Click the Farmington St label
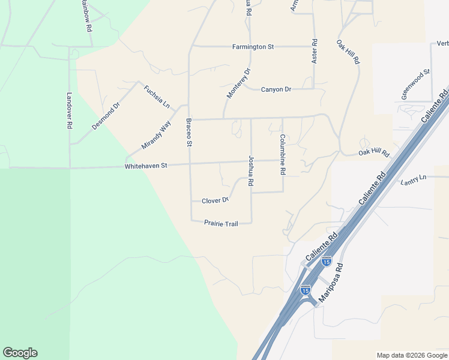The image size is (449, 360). [253, 46]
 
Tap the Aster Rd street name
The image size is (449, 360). [314, 52]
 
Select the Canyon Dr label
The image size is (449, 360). [276, 89]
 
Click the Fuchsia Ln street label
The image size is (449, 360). [157, 96]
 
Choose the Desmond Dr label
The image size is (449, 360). [106, 116]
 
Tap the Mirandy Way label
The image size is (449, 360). [156, 136]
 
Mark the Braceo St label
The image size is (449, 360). [188, 133]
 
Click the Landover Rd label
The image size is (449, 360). [70, 110]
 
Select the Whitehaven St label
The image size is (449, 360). [146, 166]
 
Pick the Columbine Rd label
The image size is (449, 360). [282, 154]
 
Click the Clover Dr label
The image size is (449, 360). [215, 200]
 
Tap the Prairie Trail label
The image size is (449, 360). [221, 223]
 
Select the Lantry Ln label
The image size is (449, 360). [414, 178]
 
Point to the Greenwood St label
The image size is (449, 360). [416, 85]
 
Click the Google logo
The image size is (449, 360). [20, 353]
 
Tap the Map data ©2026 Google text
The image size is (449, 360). [411, 355]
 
